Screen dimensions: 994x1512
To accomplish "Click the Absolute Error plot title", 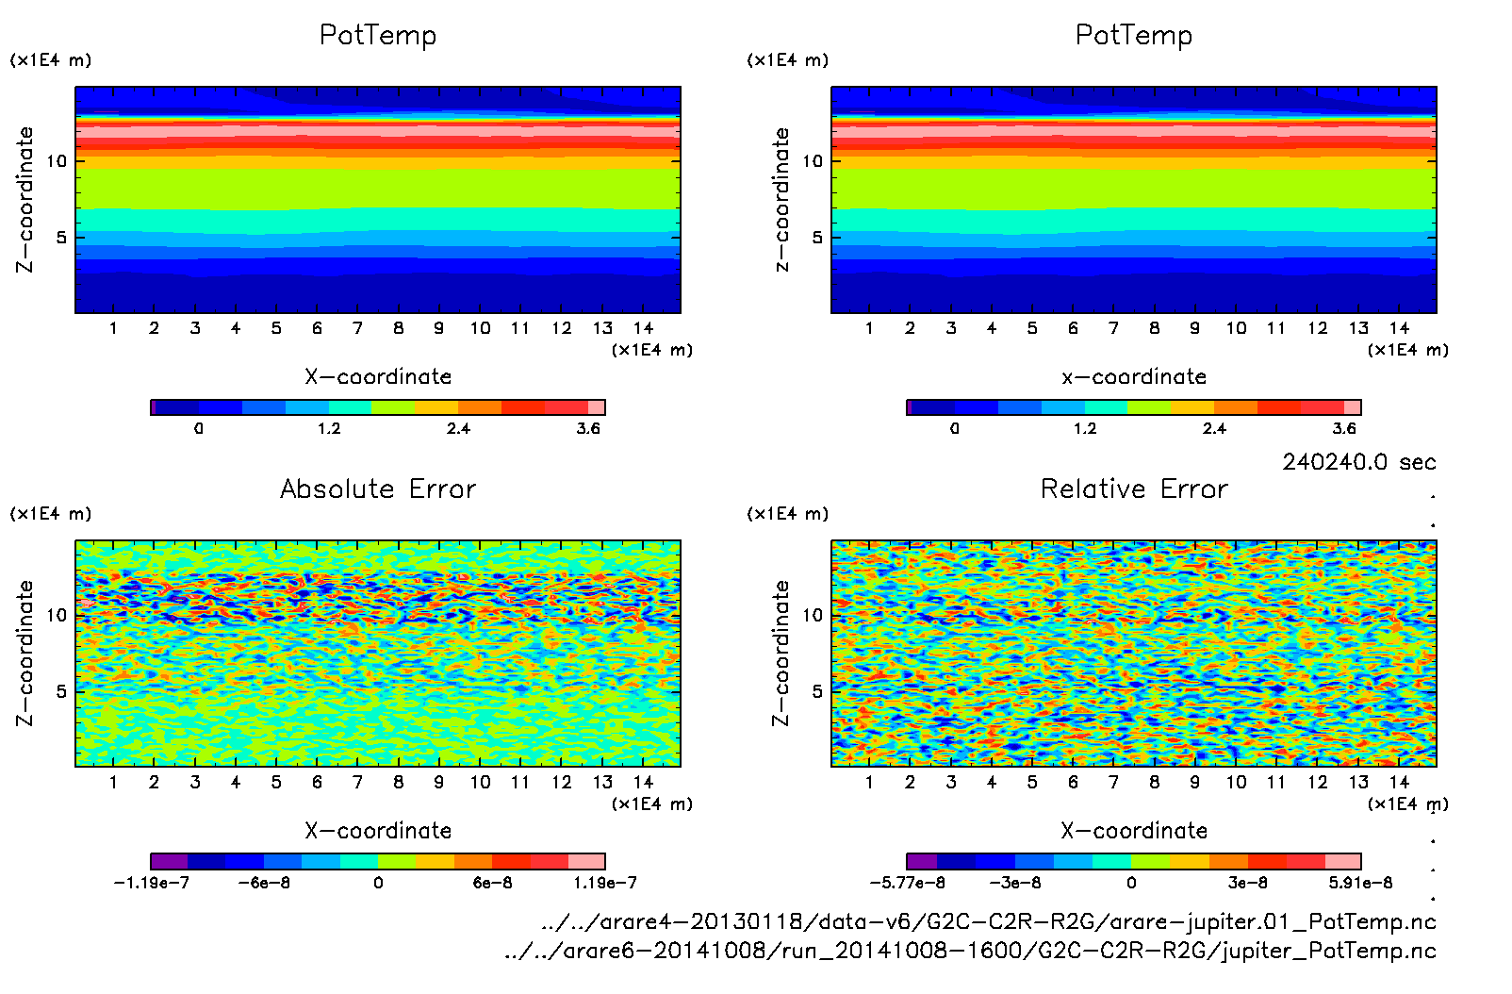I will [378, 489].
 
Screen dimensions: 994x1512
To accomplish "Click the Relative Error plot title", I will [1134, 489].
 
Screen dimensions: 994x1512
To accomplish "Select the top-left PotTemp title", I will [378, 35].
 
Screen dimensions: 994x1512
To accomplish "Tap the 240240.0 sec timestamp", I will [1358, 462].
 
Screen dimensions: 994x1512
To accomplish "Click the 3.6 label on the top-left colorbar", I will [588, 428].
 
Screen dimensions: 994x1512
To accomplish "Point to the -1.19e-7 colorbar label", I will [151, 883].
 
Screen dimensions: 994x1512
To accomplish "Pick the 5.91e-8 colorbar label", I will [1360, 883].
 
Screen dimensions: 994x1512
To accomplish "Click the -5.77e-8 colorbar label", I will [907, 883].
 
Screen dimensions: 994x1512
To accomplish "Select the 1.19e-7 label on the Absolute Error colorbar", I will [604, 883].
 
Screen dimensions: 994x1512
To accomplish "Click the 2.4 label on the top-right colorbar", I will [1214, 428].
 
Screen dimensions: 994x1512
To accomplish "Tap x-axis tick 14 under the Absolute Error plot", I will [643, 782].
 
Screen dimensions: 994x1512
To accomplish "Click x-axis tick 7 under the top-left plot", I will [357, 328].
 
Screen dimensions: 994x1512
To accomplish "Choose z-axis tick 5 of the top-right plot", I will [817, 238].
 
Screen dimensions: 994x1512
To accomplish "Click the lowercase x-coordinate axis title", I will [1134, 377].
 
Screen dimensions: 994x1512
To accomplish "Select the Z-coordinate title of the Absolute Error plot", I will [25, 653].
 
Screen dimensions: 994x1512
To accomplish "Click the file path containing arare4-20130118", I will [989, 921].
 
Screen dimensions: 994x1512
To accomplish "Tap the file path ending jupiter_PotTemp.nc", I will [970, 951].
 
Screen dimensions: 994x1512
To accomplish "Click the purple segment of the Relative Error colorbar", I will [922, 861].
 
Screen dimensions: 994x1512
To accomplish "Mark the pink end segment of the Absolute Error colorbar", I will [586, 861].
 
